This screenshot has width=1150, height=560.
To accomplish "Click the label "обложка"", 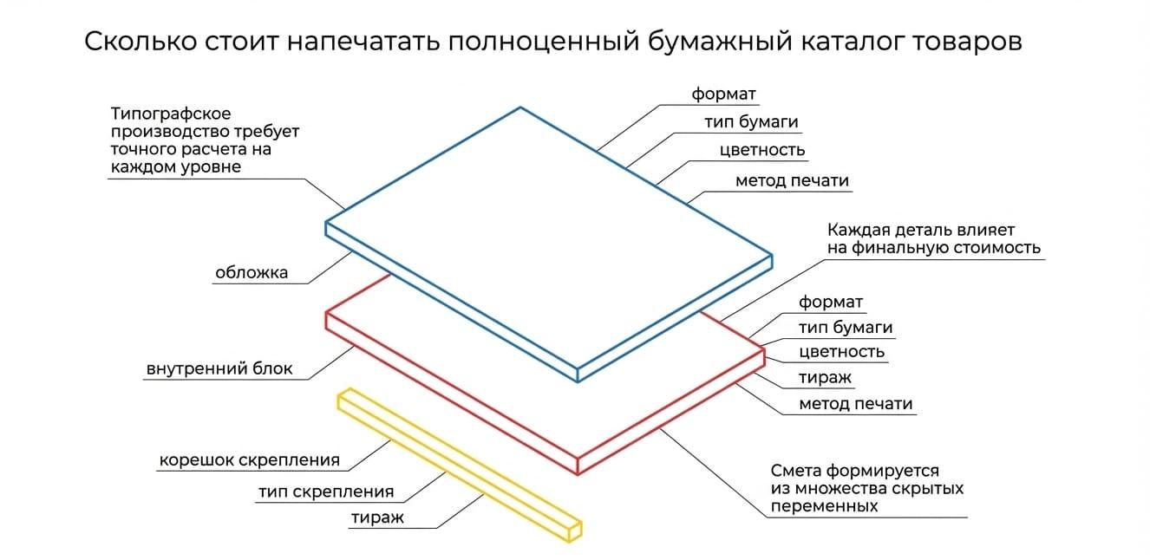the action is (252, 272).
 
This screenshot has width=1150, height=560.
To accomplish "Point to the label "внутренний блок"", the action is (219, 368).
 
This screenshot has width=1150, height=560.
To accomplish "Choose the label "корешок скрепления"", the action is (250, 460).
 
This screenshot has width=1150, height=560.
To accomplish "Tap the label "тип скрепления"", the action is (326, 492).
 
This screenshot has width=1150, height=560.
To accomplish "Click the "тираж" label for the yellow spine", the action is (377, 518).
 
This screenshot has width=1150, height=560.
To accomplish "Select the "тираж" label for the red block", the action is (825, 378).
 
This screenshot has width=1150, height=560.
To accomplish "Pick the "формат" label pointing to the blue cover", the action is (723, 94).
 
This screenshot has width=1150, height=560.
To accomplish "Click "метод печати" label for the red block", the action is (856, 404).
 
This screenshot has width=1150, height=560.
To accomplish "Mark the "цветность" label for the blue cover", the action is (761, 150).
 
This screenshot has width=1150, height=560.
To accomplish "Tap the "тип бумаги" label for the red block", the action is (846, 328).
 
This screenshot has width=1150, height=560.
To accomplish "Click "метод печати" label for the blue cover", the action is (792, 180).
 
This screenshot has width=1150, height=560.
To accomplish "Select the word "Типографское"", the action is (171, 114).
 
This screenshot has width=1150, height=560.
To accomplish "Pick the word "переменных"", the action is (824, 506).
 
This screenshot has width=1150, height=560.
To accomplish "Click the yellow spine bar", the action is (460, 465).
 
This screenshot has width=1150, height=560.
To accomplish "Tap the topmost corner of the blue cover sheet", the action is (520, 107).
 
